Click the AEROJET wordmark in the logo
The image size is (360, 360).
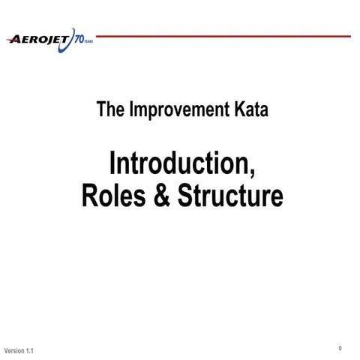(39, 40)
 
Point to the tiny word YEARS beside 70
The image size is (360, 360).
(89, 40)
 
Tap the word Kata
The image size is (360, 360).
(248, 110)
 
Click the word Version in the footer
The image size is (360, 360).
(14, 351)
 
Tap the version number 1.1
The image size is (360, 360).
(29, 351)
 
